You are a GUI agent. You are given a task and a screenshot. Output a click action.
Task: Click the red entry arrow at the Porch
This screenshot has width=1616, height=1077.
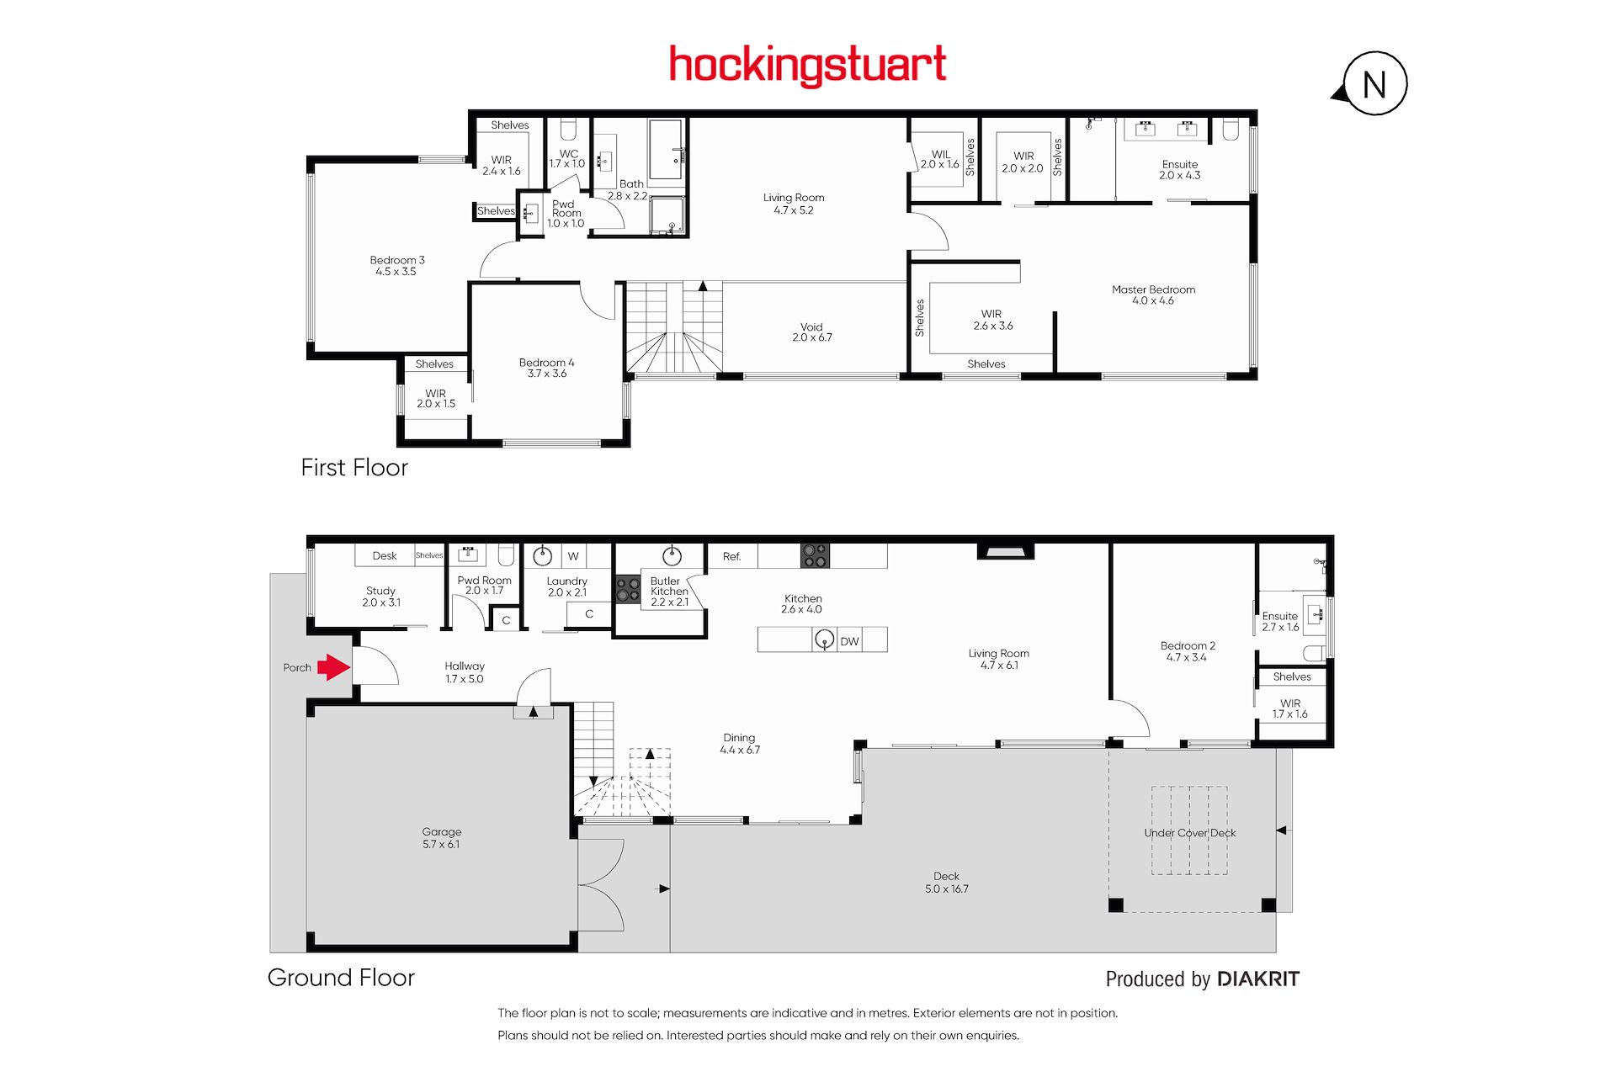(x=334, y=667)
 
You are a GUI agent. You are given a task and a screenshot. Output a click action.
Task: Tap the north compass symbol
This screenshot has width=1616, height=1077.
(x=1372, y=84)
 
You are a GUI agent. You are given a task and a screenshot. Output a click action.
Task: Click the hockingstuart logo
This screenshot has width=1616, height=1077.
(x=808, y=65)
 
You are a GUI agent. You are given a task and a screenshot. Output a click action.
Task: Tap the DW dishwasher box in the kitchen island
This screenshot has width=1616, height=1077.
(x=850, y=641)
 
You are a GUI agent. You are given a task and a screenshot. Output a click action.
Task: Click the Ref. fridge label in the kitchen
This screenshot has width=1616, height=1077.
(x=732, y=556)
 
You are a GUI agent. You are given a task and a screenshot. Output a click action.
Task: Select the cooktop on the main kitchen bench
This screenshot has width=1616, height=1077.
(x=815, y=555)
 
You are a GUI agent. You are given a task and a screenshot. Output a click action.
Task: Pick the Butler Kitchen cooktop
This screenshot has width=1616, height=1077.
(x=628, y=589)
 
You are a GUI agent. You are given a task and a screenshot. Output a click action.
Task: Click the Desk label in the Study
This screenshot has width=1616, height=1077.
(x=385, y=555)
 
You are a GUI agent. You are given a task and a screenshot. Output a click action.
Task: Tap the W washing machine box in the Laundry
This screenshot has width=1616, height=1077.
(x=573, y=556)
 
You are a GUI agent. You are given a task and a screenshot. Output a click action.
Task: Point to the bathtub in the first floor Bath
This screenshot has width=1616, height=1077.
(x=666, y=150)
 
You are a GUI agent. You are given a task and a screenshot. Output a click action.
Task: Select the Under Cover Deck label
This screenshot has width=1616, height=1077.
(x=1190, y=833)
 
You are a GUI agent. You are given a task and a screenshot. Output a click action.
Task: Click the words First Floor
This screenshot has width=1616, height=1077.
(x=354, y=468)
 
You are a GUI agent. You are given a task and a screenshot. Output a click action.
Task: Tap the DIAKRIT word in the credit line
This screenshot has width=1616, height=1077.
(x=1258, y=979)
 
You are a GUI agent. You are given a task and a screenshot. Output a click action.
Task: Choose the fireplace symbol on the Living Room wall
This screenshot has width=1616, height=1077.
(x=1005, y=551)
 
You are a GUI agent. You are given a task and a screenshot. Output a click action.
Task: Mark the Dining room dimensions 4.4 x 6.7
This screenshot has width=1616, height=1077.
(x=740, y=750)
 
